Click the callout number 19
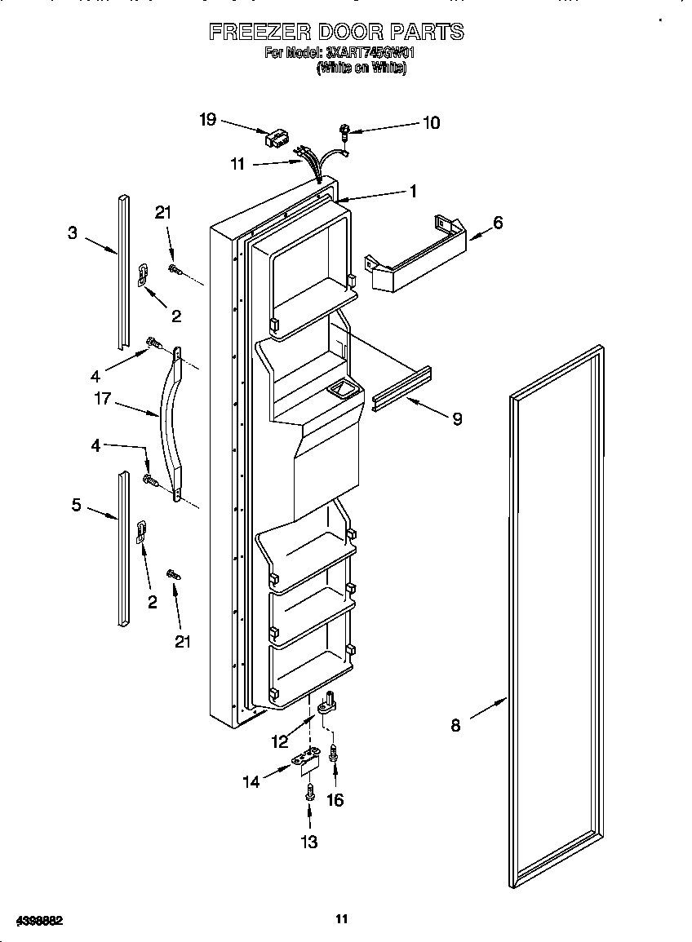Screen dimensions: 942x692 pos(207,120)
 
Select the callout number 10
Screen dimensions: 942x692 pos(431,122)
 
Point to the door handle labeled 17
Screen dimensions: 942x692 pos(175,424)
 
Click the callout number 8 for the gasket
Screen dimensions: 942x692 pos(455,725)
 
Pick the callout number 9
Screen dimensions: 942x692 pos(457,418)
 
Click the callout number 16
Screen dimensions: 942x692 pos(335,800)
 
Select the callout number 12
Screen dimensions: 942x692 pos(281,741)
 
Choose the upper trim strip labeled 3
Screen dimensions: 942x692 pos(123,269)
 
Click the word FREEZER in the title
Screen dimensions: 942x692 pos(258,33)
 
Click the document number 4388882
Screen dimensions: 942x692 pos(33,919)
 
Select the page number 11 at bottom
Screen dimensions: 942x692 pos(342,919)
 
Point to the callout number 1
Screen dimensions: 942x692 pos(413,191)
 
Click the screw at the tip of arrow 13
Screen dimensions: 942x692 pos(310,790)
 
